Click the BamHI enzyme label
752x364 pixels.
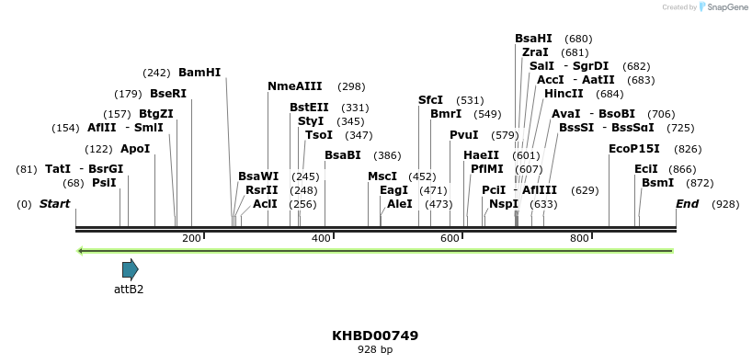pos(199,73)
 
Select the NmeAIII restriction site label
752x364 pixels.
pos(294,86)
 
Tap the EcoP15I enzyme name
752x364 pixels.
pos(633,149)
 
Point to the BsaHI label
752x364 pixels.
pos(533,39)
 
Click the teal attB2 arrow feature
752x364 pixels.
pos(130,269)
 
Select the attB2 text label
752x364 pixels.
pos(129,289)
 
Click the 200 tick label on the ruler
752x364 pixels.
pos(191,239)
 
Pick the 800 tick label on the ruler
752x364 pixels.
pos(579,239)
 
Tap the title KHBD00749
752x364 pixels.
pos(375,336)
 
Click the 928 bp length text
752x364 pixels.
pos(375,350)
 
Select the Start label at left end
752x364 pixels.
pos(54,203)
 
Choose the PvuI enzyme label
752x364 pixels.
pos(463,135)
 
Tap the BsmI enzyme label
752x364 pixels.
pos(657,183)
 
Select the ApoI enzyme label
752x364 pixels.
pos(135,149)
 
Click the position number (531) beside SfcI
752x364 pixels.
pos(470,100)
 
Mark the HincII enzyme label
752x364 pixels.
pos(564,94)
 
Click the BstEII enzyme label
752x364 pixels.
pos(309,108)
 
